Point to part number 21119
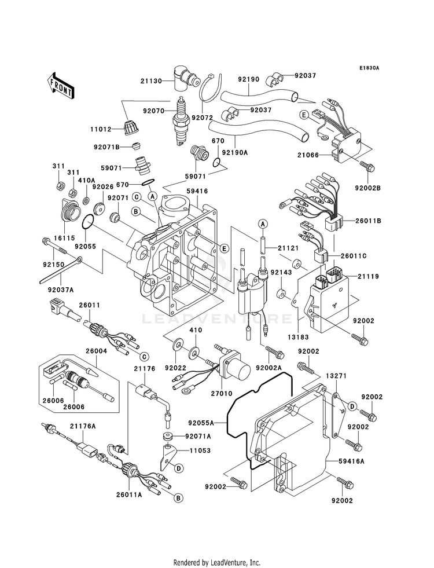coord(368,277)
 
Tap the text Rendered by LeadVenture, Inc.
coord(217,562)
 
